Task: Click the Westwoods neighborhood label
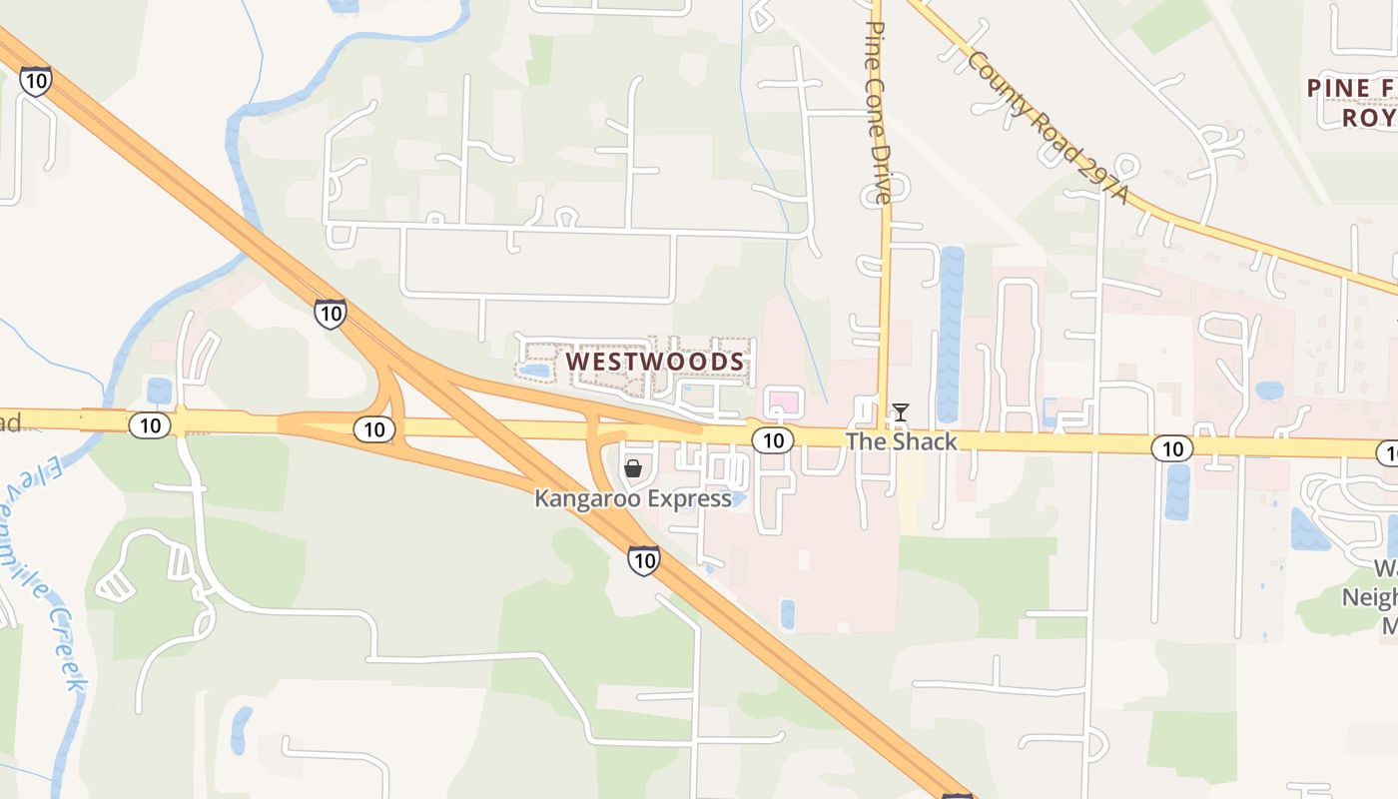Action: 655,362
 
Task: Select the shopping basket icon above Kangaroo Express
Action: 632,467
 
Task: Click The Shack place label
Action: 901,441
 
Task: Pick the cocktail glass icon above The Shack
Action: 901,411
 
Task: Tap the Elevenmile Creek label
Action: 50,569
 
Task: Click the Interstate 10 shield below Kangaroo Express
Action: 644,560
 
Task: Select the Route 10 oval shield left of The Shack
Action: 773,440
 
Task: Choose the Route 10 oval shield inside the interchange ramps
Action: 374,429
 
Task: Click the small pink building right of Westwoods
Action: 785,403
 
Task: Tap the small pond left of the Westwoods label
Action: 534,371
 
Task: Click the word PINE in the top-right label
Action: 1338,88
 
